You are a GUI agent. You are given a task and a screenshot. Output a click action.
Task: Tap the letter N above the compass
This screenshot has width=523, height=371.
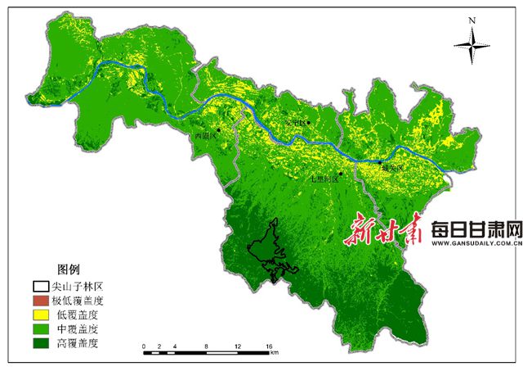click(x=472, y=19)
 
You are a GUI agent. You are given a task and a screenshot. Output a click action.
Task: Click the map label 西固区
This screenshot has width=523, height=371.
click(x=204, y=136)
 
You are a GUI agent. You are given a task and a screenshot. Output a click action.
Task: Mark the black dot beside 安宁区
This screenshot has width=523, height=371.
click(x=309, y=123)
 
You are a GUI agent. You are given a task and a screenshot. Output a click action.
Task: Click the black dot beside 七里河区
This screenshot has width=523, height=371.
click(x=340, y=173)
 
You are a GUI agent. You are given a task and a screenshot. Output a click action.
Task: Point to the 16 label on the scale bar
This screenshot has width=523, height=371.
click(x=268, y=347)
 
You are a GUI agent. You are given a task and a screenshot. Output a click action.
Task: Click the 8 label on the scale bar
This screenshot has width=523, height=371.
click(x=206, y=347)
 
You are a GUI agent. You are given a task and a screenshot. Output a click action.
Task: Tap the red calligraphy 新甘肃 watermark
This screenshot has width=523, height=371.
click(x=382, y=232)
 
